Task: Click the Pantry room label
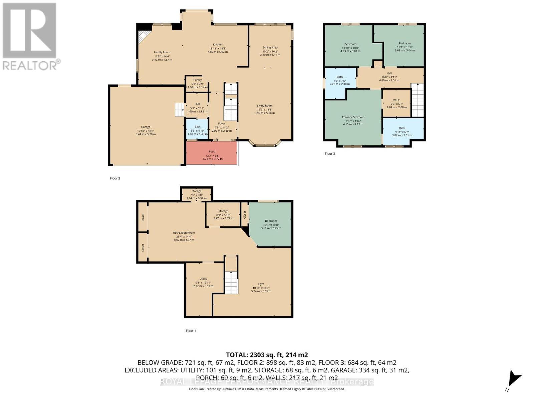[x=197, y=80]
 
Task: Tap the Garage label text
[x=146, y=127]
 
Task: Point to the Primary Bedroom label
[x=353, y=117]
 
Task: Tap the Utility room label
[x=203, y=279]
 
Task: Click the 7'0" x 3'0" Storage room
[x=196, y=194]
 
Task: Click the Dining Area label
[x=270, y=48]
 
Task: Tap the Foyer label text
[x=222, y=124]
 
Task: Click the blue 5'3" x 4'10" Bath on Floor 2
[x=197, y=130]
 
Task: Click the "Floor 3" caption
[x=330, y=154]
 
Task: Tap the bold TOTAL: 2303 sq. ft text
[x=267, y=355]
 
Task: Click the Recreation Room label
[x=184, y=233]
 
